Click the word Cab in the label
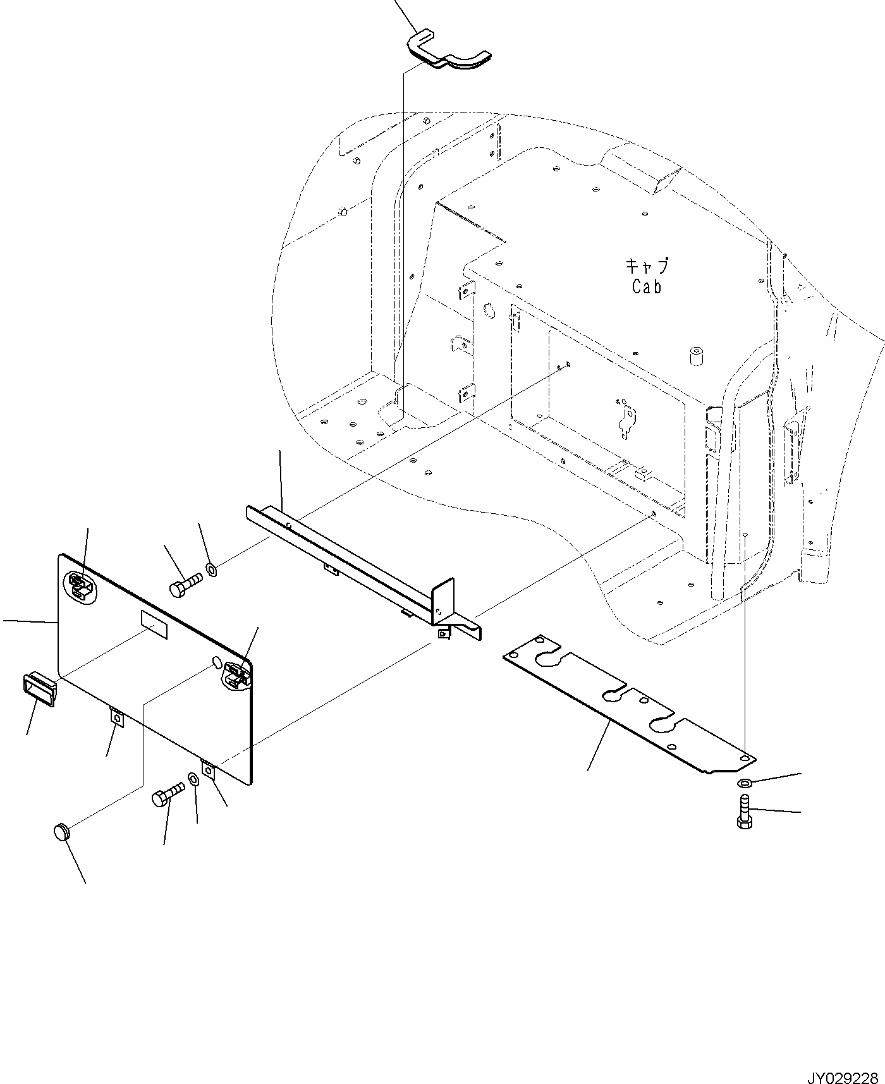point(647,286)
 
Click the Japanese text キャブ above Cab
point(647,265)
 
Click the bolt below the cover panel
point(168,793)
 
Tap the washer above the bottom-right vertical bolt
point(745,784)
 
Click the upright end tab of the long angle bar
point(443,599)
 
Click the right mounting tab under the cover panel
point(209,770)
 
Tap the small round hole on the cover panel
point(216,662)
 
